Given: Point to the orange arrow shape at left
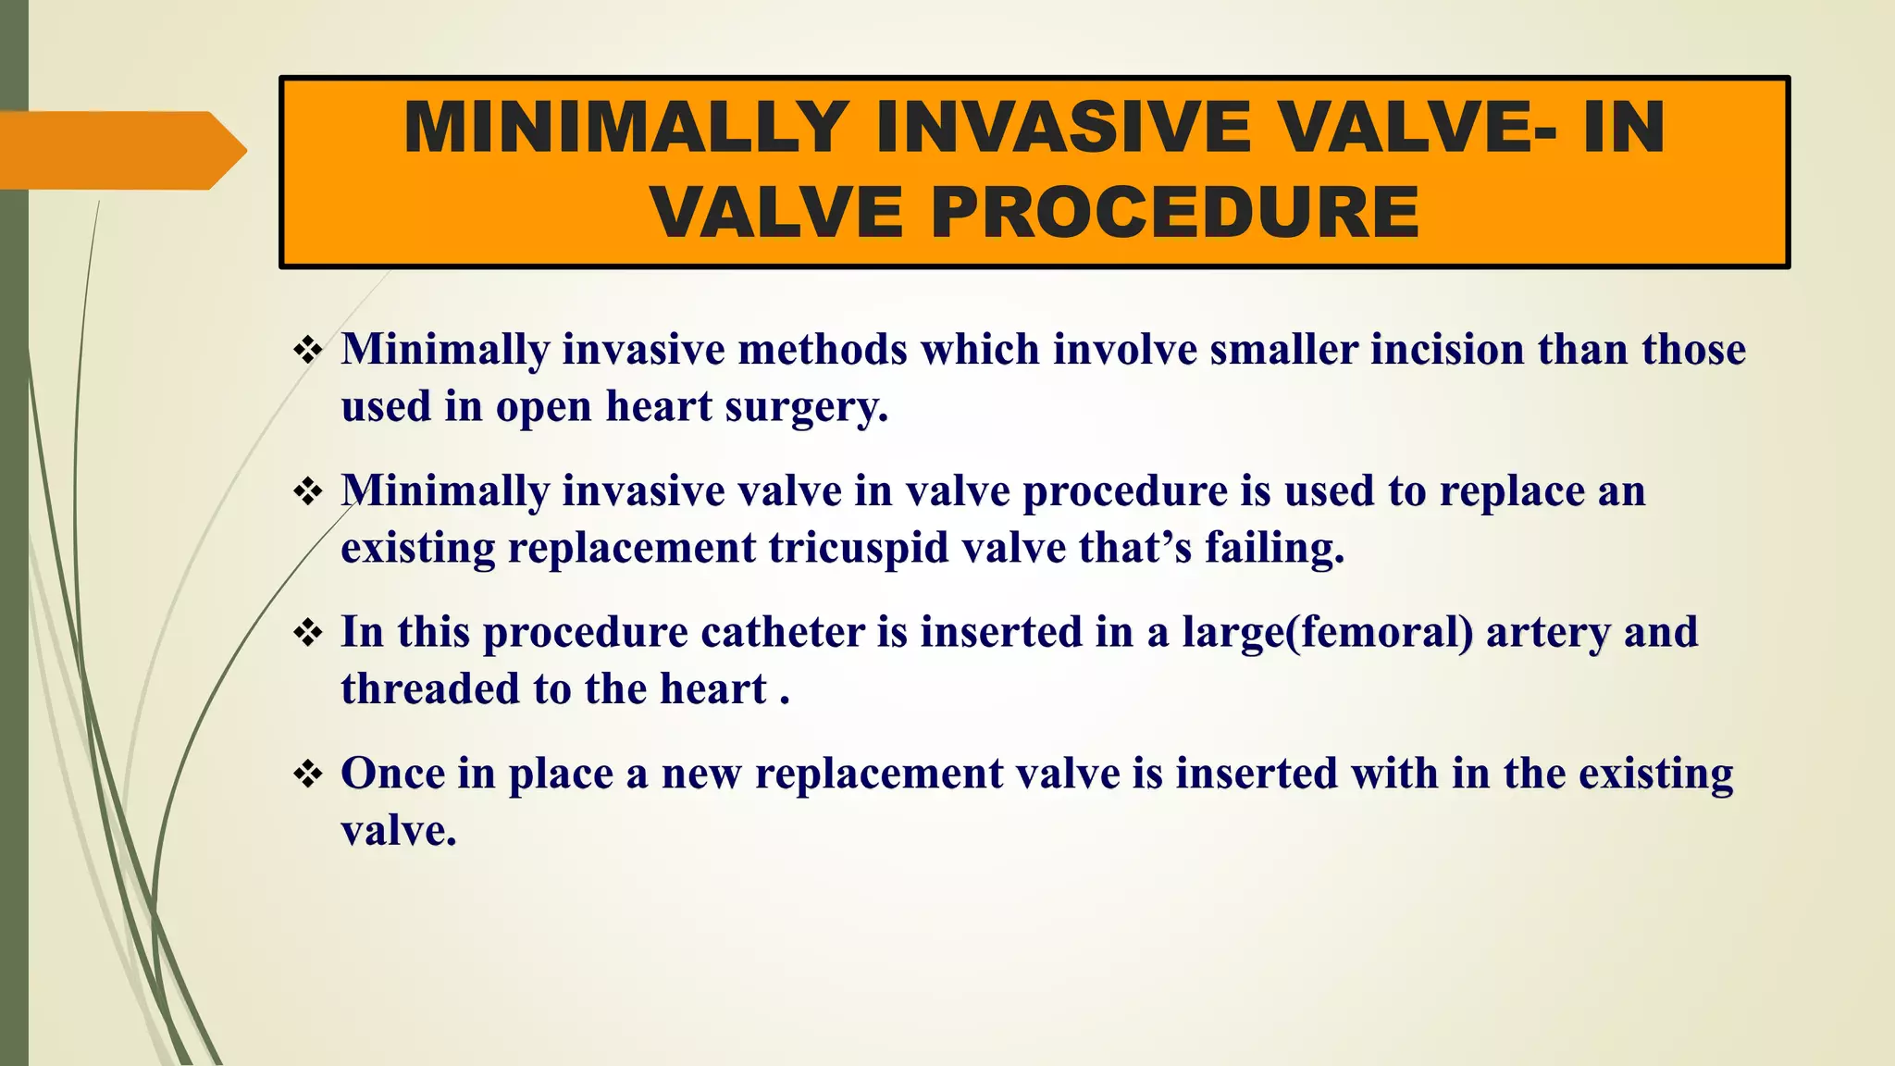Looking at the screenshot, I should [120, 150].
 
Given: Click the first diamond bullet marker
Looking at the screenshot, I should [307, 351].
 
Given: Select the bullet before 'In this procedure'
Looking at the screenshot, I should [307, 634].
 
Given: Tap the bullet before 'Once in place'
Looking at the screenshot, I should [307, 775].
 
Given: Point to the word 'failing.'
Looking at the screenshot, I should [1274, 549].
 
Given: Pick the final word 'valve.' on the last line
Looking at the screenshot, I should [399, 831].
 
